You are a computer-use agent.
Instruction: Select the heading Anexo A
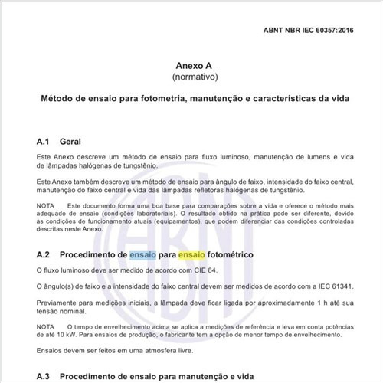pyautogui.click(x=191, y=67)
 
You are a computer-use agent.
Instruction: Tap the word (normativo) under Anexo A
pyautogui.click(x=191, y=78)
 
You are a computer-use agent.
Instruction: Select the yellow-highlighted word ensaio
pyautogui.click(x=193, y=254)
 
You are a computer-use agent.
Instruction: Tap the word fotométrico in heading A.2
pyautogui.click(x=243, y=254)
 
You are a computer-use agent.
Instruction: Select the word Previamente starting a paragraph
pyautogui.click(x=60, y=301)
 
